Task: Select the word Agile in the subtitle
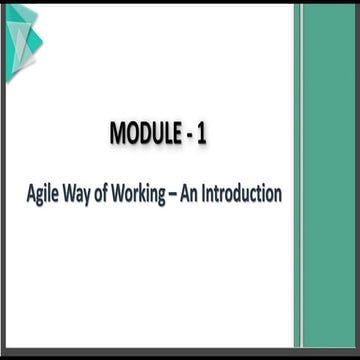(44, 193)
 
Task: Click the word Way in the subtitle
(81, 193)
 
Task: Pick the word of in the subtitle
(108, 192)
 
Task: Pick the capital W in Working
(127, 192)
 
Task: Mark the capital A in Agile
(31, 192)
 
